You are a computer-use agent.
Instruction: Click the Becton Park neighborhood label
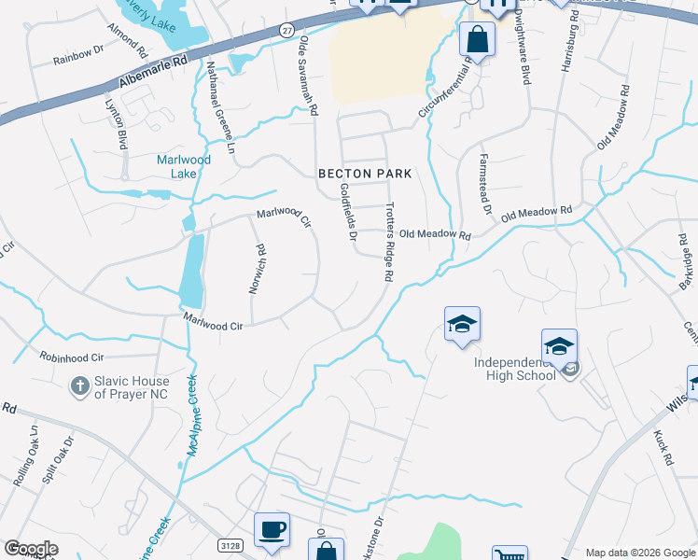[x=365, y=174]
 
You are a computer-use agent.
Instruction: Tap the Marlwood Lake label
[x=183, y=166]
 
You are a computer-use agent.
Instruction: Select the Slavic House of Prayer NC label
[x=132, y=387]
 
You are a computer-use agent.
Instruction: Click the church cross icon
[x=81, y=385]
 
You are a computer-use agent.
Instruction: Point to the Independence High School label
[x=514, y=368]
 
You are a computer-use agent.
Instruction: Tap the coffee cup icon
[x=272, y=529]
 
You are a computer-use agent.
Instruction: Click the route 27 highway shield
[x=285, y=31]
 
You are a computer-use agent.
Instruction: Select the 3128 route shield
[x=232, y=544]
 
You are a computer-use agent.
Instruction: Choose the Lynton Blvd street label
[x=115, y=124]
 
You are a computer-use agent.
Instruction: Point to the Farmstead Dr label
[x=484, y=183]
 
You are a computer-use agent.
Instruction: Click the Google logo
[x=31, y=549]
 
